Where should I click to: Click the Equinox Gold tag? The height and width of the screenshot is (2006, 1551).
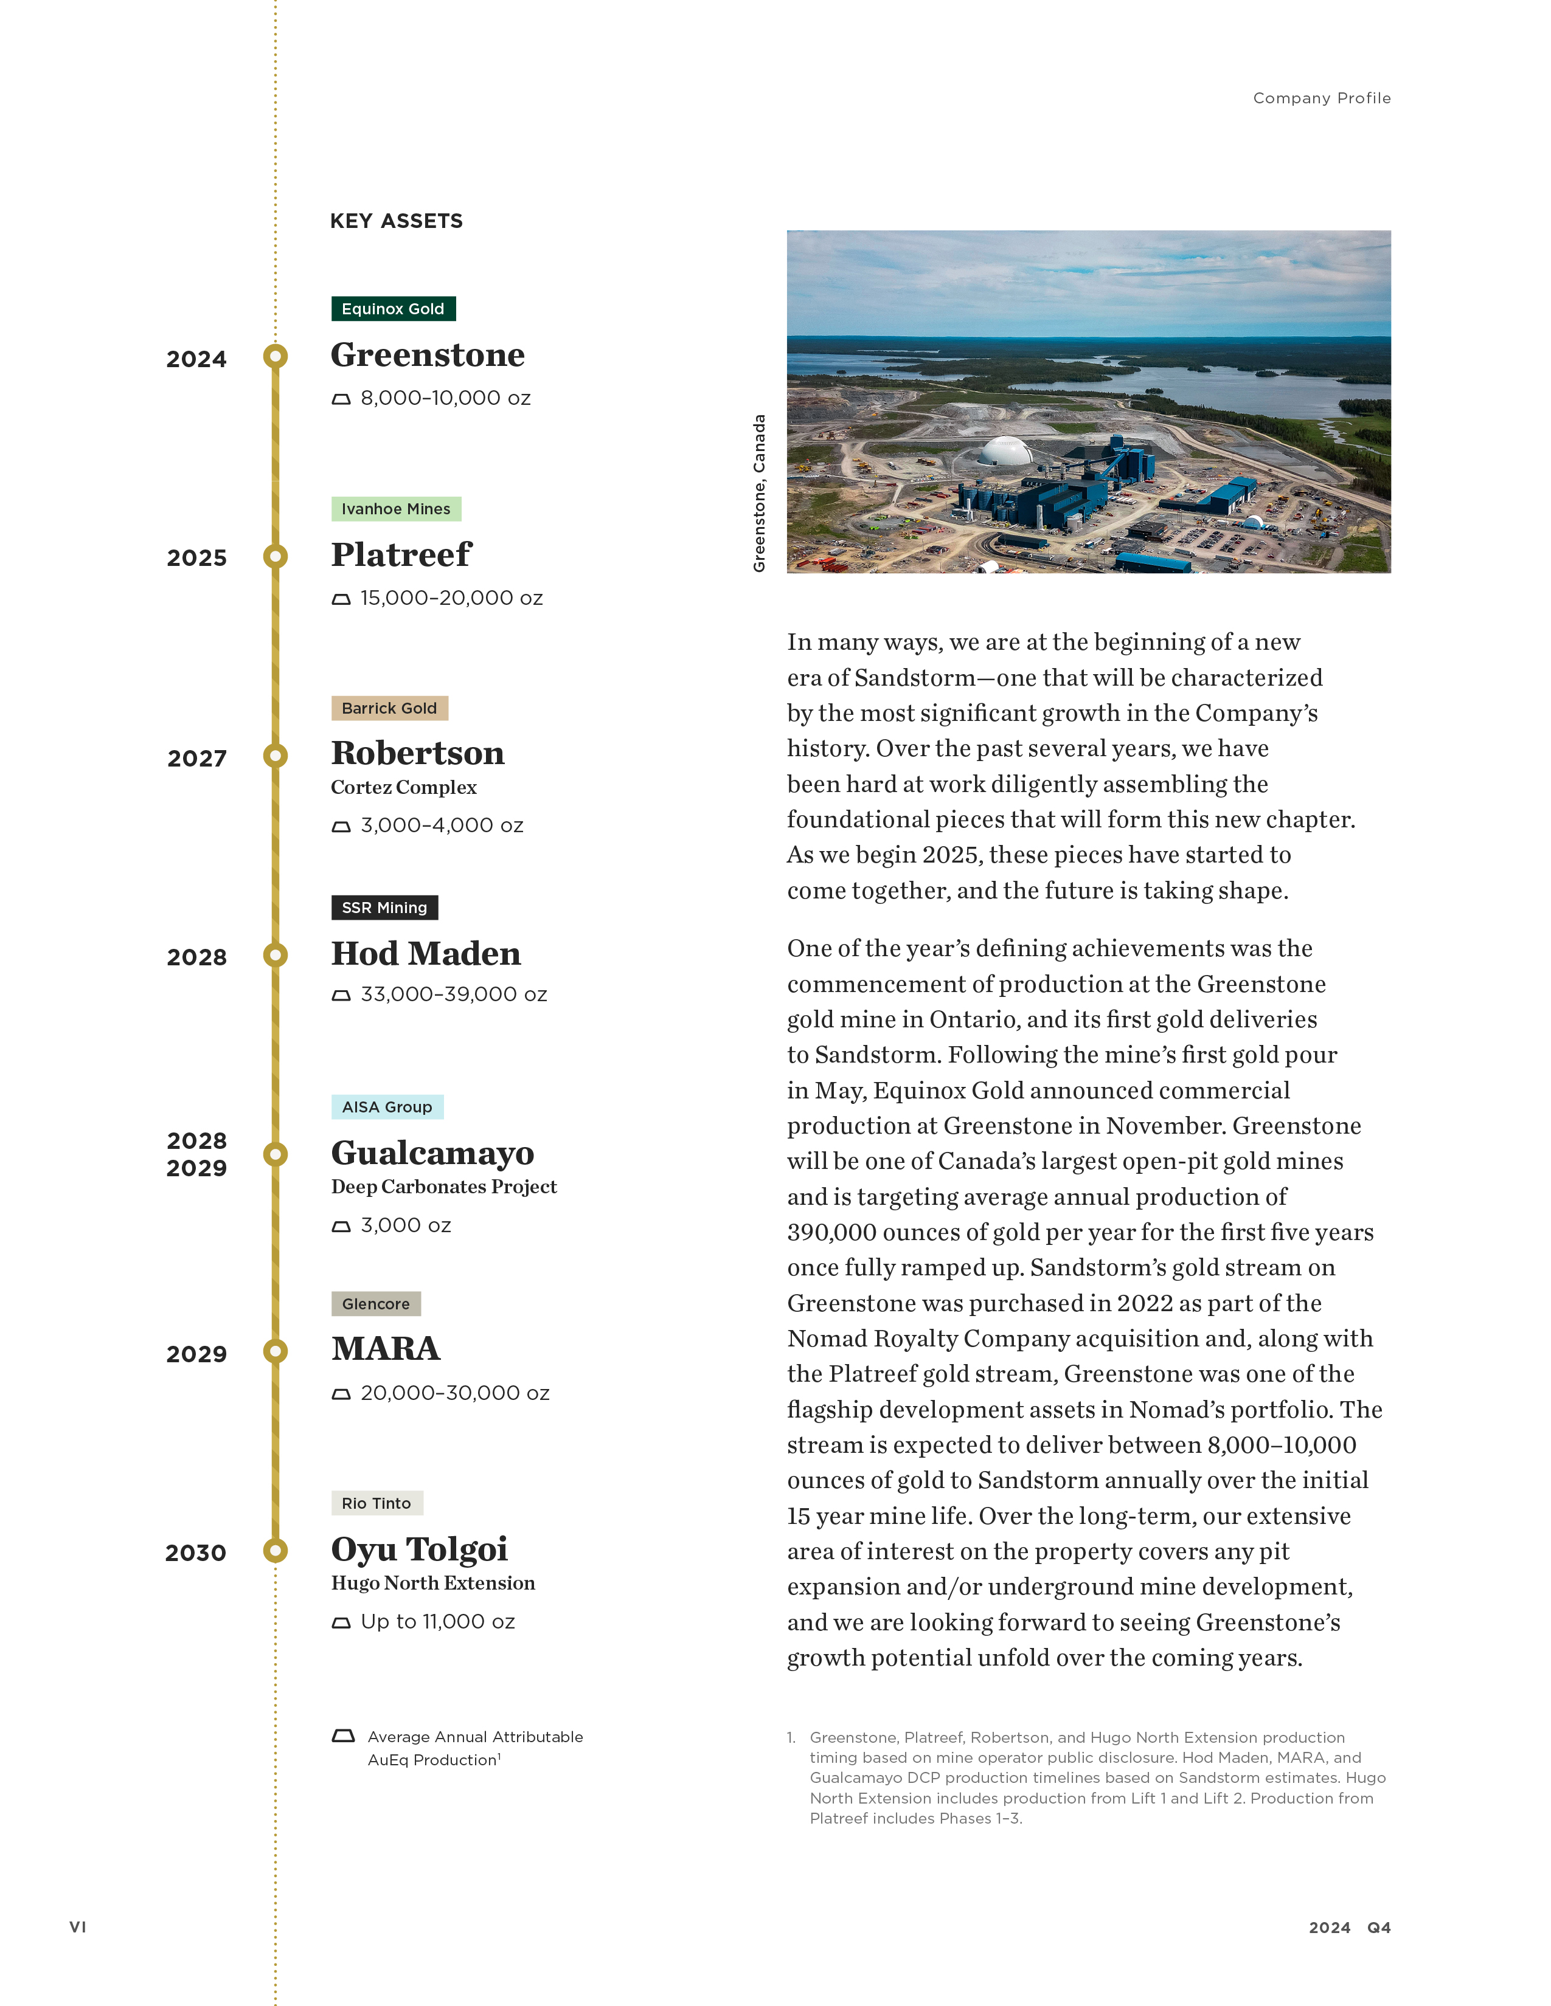394,309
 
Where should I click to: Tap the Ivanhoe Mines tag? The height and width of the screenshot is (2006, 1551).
396,509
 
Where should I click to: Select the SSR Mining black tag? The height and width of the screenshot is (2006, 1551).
384,908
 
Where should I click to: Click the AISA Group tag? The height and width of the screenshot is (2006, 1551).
387,1107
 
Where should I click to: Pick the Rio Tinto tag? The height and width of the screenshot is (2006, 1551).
376,1503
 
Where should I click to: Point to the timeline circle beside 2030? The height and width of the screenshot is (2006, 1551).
275,1551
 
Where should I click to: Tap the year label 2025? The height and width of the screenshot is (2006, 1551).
196,559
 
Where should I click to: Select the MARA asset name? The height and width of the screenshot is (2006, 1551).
386,1348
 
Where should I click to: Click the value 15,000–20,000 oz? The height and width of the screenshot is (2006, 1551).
451,598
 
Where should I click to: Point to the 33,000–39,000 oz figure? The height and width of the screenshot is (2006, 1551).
454,994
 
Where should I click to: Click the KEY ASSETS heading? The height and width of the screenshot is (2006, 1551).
396,221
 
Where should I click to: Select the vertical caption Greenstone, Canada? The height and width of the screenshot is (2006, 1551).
759,493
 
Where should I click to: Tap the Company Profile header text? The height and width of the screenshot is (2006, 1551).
1321,98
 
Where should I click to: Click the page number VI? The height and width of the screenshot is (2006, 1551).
78,1927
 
